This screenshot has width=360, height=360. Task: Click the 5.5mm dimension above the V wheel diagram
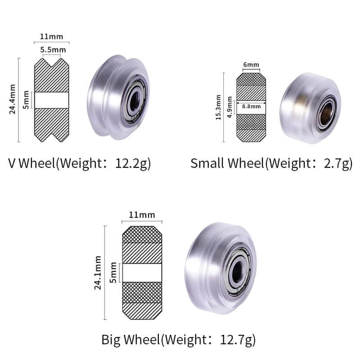[x=53, y=50]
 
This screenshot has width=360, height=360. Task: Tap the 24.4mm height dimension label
[x=13, y=99]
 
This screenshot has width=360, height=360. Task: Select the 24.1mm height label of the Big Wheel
[x=98, y=273]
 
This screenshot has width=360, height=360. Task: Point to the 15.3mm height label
[x=218, y=107]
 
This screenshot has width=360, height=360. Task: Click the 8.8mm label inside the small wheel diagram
[x=251, y=107]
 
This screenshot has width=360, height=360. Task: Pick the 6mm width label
[x=251, y=65]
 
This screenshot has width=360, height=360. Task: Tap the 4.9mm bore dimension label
[x=229, y=107]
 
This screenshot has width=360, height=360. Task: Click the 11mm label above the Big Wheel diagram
[x=142, y=215]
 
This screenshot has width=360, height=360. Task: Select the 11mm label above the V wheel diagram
[x=51, y=36]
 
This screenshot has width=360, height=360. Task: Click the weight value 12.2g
[x=133, y=163]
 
